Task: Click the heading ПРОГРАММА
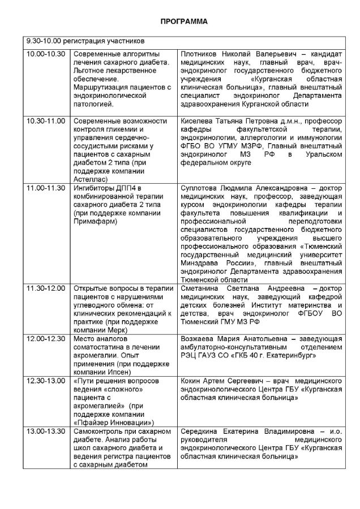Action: click(x=179, y=22)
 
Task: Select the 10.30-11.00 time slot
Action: click(x=45, y=121)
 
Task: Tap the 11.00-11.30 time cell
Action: click(x=45, y=188)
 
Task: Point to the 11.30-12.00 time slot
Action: click(x=45, y=289)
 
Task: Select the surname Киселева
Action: click(x=196, y=121)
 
